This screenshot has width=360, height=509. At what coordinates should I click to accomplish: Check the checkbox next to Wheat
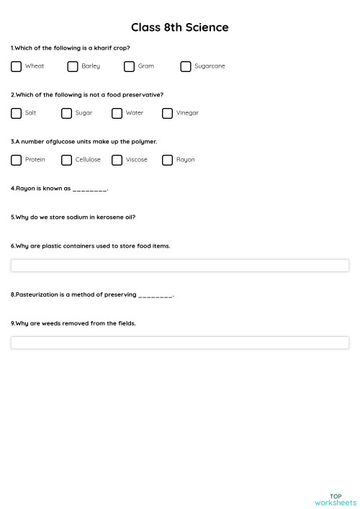[x=17, y=66]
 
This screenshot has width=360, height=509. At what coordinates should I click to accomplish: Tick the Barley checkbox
[x=73, y=66]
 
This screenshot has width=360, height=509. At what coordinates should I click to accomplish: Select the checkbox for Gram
[x=129, y=66]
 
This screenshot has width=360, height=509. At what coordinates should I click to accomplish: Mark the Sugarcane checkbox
[x=186, y=66]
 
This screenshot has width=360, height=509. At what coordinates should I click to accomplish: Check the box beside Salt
[x=17, y=113]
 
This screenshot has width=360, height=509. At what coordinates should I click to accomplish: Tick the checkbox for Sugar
[x=67, y=113]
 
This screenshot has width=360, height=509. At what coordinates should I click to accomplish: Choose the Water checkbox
[x=117, y=113]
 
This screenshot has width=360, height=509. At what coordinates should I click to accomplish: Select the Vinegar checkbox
[x=168, y=113]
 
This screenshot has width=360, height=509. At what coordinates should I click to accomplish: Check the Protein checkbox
[x=17, y=160]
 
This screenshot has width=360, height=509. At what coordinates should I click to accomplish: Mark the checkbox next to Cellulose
[x=67, y=160]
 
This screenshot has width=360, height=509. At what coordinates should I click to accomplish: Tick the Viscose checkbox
[x=117, y=160]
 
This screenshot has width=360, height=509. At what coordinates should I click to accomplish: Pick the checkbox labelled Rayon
[x=168, y=160]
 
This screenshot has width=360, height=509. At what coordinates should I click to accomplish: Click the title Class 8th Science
[x=180, y=27]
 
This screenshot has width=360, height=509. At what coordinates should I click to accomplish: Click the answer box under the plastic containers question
[x=180, y=266]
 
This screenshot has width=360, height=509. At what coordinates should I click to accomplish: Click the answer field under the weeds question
[x=180, y=343]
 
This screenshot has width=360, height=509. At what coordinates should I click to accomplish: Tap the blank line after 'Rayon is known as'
[x=90, y=189]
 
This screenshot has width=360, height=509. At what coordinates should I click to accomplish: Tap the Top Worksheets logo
[x=336, y=499]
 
